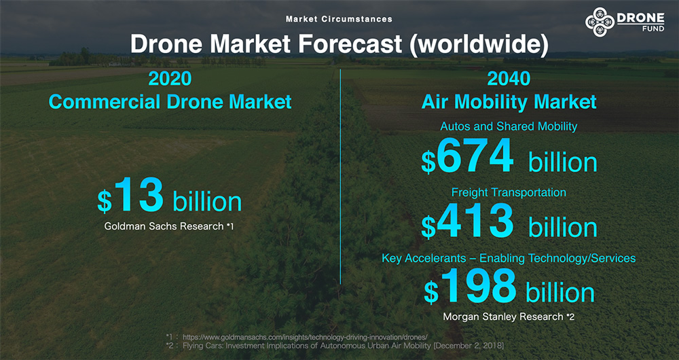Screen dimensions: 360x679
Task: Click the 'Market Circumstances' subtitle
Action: (x=339, y=19)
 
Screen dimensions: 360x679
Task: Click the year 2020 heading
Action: (x=170, y=79)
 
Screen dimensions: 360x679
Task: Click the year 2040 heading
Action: (x=509, y=79)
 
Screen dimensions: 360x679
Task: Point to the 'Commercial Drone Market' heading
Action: (x=170, y=102)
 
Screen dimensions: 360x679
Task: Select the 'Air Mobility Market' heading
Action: (x=509, y=102)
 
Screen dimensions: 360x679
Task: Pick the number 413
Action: (x=475, y=222)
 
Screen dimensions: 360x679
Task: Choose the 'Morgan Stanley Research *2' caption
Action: (x=509, y=317)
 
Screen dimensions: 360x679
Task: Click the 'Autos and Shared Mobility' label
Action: (x=509, y=126)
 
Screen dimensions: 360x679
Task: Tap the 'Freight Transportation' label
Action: (x=509, y=192)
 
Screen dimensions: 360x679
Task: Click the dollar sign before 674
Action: (x=428, y=163)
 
